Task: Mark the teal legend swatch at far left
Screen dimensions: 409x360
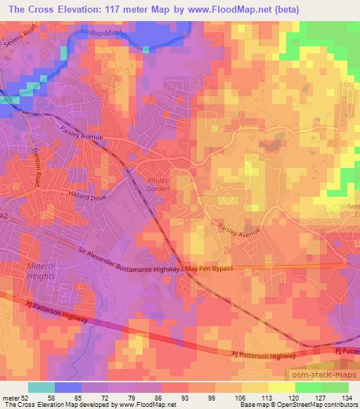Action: pos(41,387)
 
